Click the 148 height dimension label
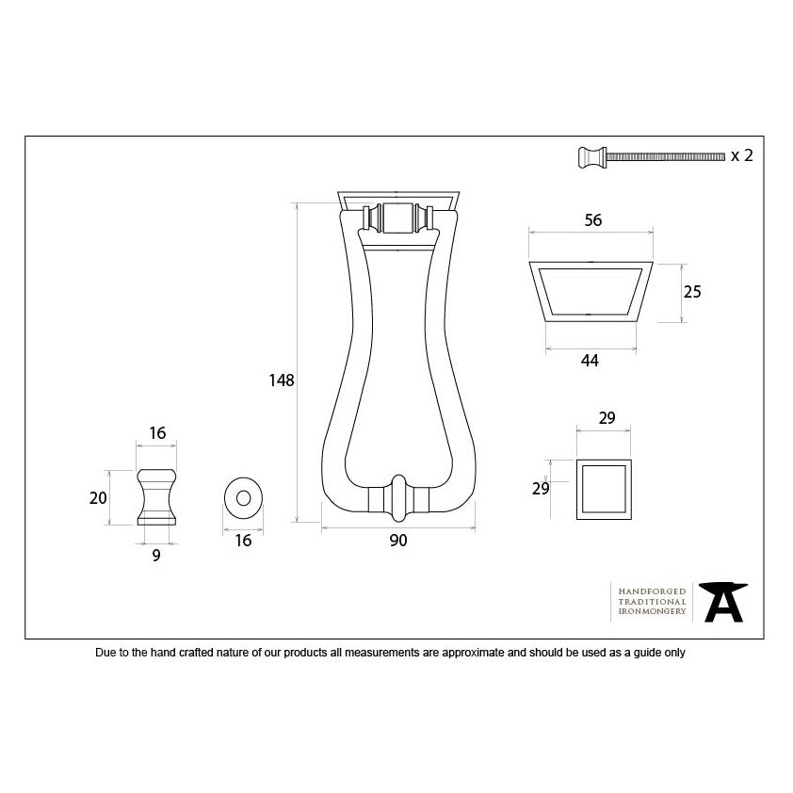point(282,380)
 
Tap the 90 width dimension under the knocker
point(398,541)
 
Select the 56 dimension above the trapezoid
point(593,220)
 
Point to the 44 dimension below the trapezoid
point(590,361)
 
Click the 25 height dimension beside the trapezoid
point(692,292)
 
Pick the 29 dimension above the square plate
point(607,418)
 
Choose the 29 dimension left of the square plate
point(541,489)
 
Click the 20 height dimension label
point(98,498)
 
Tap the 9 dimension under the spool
point(156,556)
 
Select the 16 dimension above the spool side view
point(157,433)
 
